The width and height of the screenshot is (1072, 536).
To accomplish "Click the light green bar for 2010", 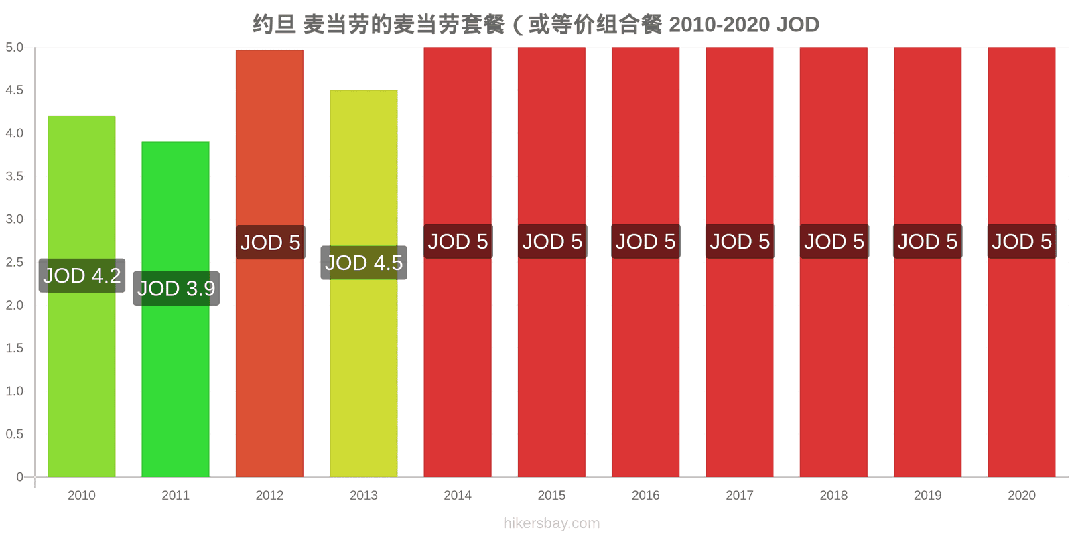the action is click(x=81, y=296).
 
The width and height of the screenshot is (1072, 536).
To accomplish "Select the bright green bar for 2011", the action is click(x=176, y=309).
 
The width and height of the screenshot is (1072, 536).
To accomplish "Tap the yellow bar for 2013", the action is click(x=364, y=283).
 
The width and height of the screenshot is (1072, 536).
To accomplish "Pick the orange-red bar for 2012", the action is click(x=269, y=263).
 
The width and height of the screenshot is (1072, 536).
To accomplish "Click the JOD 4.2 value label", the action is click(x=82, y=275).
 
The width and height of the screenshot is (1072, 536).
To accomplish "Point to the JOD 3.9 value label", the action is click(x=176, y=289).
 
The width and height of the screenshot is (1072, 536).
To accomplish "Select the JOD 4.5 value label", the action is click(x=364, y=263).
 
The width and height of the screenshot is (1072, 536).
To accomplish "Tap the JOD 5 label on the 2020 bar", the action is click(x=1022, y=241).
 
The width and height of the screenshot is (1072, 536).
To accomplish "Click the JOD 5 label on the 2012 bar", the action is click(x=271, y=242).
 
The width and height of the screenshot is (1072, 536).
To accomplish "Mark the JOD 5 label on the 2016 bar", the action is click(x=646, y=241).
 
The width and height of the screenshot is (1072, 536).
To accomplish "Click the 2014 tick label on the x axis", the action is click(x=458, y=495).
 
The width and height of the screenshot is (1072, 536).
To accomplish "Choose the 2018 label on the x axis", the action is click(x=833, y=495).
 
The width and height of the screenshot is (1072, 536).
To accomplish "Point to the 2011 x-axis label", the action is click(x=176, y=495).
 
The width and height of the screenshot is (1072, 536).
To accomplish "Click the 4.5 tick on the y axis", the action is click(x=14, y=90).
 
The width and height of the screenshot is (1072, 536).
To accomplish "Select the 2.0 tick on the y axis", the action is click(x=14, y=305).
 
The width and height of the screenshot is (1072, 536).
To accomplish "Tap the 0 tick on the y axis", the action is click(x=19, y=476).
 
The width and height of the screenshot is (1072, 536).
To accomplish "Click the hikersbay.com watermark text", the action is click(x=551, y=523).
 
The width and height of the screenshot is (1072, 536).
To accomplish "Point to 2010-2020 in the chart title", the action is click(x=720, y=25).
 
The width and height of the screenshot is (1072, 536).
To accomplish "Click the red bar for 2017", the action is click(x=740, y=262).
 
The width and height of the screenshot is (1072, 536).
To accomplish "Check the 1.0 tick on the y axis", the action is click(x=14, y=391).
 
